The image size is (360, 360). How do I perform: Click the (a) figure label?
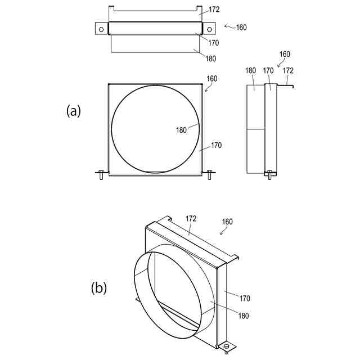pos(74,111)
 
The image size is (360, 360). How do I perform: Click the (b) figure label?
pos(99,287)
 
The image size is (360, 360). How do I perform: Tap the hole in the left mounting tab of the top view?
pos(100,28)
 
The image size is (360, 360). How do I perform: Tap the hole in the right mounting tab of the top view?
pos(209,28)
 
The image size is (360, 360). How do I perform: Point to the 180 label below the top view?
pos(210,58)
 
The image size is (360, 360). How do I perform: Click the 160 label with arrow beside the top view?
pos(241,27)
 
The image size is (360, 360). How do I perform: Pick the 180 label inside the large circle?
pos(181,130)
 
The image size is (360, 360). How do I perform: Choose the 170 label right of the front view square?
pos(216,145)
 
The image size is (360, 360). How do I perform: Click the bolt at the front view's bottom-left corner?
pos(101,174)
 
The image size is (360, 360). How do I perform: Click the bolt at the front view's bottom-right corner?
pos(209,174)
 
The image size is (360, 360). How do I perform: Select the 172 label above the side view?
pos(288,71)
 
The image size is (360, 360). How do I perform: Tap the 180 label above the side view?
pos(250,71)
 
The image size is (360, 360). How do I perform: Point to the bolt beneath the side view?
pos(269,175)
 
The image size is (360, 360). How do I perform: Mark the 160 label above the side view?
pos(285,54)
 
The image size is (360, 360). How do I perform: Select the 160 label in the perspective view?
pos(227,222)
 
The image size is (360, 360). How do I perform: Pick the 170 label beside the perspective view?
pos(245,298)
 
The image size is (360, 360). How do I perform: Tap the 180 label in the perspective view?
pos(243,316)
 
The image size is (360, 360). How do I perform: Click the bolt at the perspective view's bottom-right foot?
pos(227,348)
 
